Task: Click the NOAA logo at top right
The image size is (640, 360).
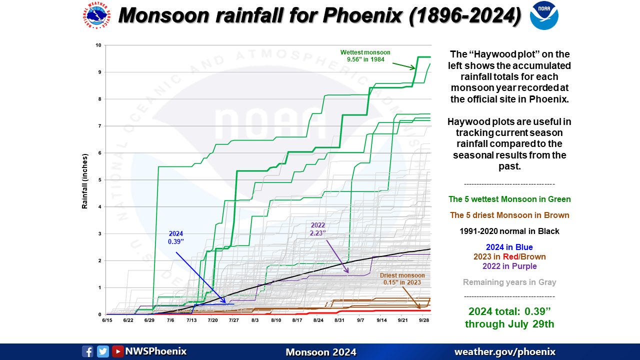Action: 544,15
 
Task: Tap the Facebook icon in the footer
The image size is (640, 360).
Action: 87,351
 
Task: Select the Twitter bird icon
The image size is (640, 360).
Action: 103,351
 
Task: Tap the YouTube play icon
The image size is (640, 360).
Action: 118,351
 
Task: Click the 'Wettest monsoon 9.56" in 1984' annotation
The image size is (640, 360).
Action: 365,56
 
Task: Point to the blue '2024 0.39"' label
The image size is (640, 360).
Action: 175,237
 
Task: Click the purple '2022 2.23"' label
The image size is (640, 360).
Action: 318,229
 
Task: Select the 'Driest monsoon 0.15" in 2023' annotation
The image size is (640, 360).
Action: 402,279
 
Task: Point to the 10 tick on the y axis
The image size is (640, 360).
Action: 98,45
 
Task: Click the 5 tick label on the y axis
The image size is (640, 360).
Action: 99,180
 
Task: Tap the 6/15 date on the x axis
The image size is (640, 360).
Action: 106,319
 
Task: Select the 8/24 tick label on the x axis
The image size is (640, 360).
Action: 318,319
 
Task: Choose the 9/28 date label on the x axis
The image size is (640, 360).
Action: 424,319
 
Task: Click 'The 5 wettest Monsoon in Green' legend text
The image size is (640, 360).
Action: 509,199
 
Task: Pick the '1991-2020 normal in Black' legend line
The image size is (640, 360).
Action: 509,231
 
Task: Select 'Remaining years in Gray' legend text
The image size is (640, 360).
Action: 509,282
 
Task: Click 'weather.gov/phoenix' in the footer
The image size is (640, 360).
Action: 504,352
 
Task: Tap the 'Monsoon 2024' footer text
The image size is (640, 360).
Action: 320,352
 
